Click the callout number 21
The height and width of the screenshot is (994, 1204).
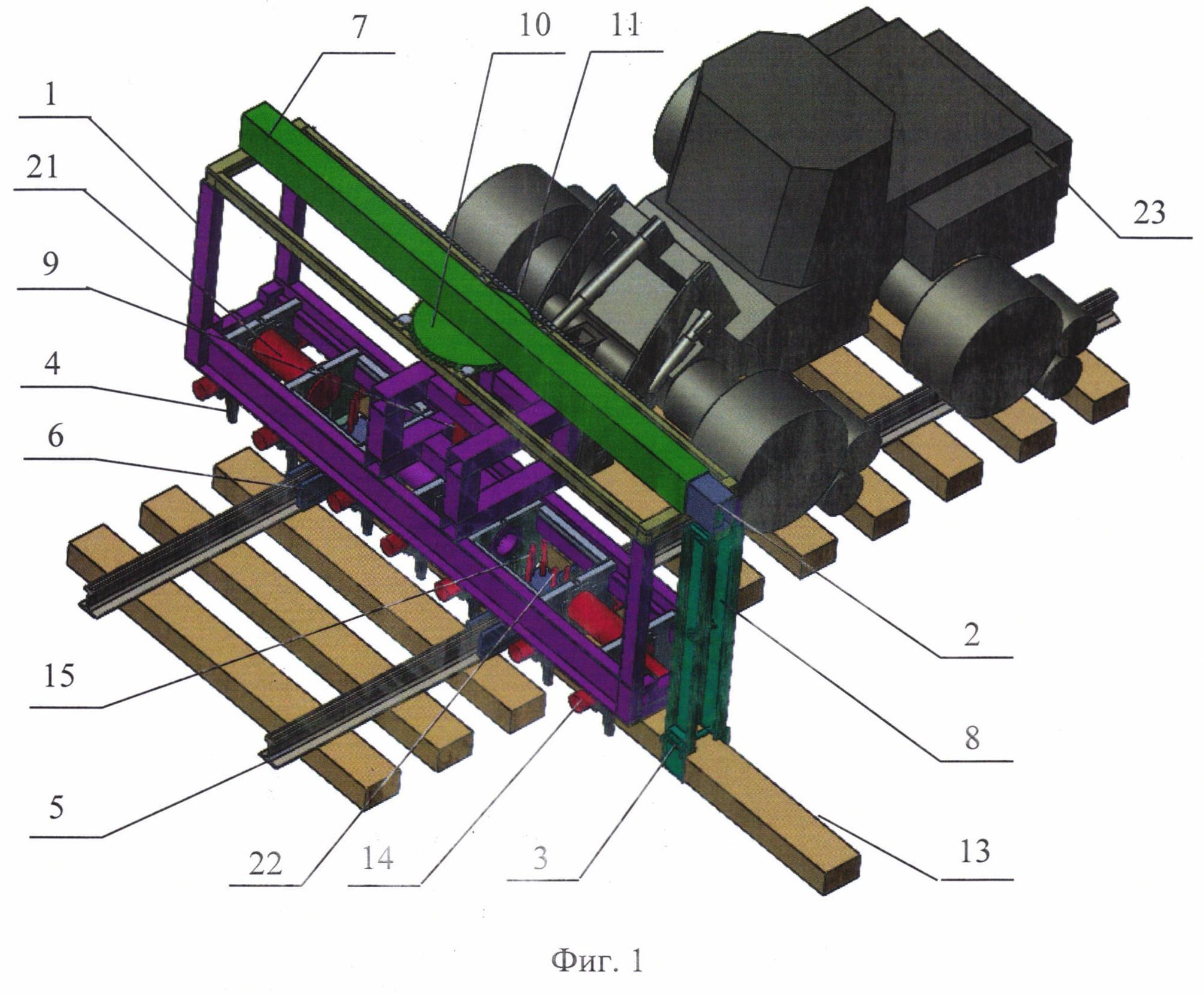point(42,166)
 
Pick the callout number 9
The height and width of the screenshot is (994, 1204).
point(50,264)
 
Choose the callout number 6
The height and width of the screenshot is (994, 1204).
point(55,436)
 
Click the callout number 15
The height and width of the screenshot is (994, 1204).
point(59,676)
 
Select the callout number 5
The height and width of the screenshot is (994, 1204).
point(56,808)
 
